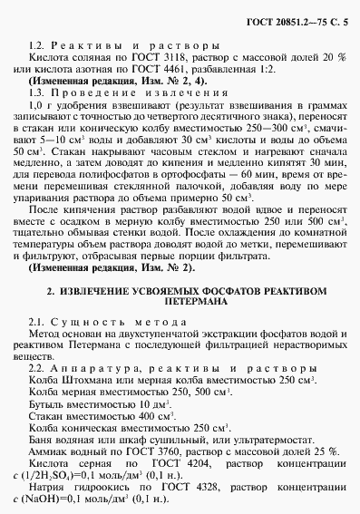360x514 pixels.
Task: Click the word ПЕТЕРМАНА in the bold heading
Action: (180, 307)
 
